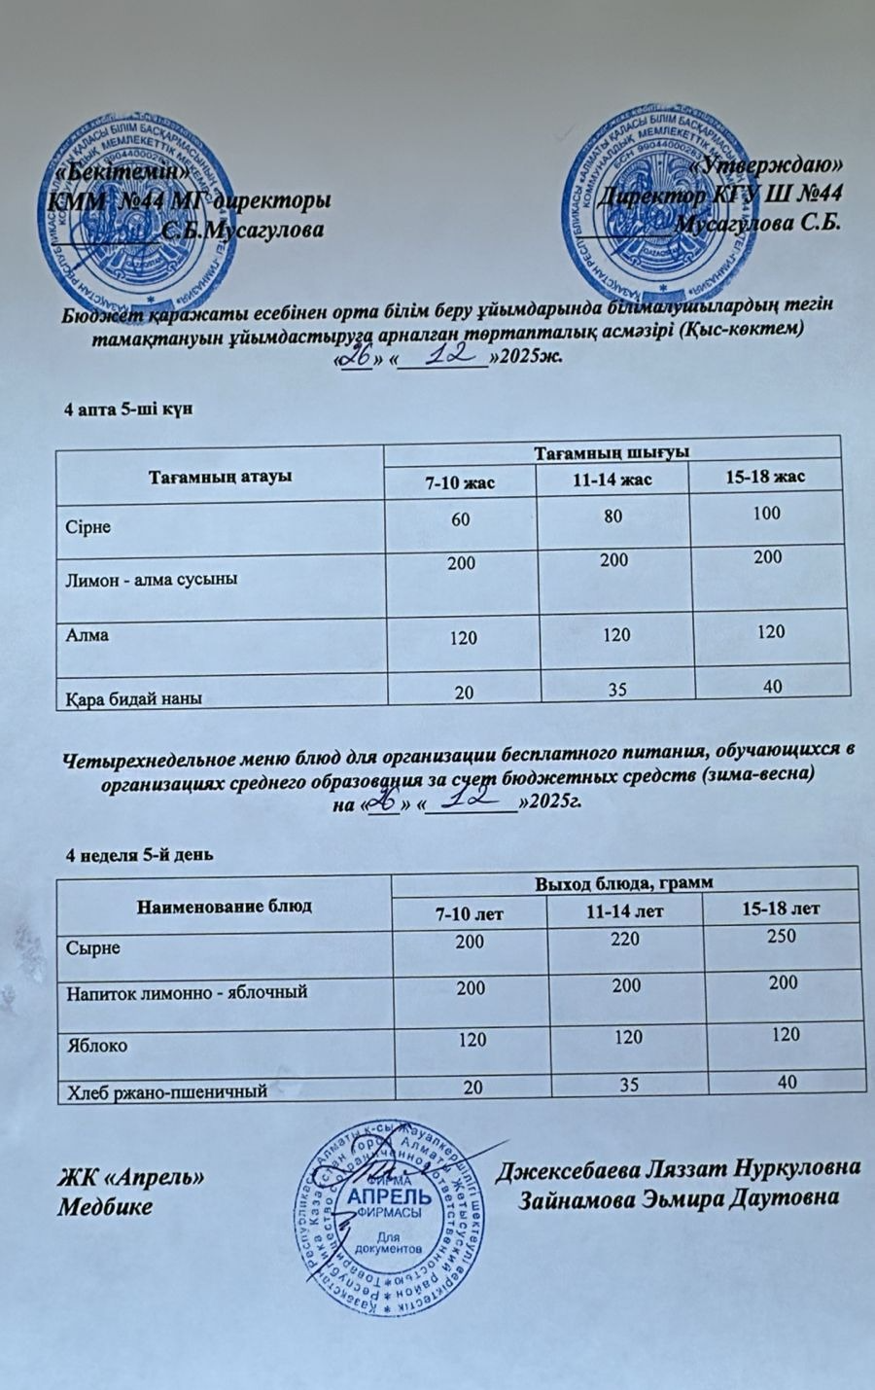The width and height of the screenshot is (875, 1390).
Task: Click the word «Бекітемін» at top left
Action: pos(122,168)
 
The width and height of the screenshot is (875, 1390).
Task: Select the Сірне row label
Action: pos(88,527)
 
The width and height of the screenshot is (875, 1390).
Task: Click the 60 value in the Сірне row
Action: pos(460,519)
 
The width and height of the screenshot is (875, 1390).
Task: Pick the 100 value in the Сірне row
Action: pos(766,513)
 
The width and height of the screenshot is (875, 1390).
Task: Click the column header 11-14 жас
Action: pos(612,480)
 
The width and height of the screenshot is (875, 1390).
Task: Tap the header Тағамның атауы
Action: pos(221,477)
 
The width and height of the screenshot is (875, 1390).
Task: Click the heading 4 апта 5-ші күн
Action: pos(128,409)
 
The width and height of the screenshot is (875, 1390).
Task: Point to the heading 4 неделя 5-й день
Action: pos(139,854)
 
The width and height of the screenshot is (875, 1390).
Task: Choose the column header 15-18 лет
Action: pos(781,909)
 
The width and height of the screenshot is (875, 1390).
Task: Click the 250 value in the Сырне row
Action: pos(781,936)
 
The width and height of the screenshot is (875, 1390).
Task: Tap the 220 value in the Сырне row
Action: pos(626,939)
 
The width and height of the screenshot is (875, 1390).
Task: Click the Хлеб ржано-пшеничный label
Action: pos(166,1091)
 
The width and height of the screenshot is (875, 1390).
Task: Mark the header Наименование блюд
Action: pos(226,906)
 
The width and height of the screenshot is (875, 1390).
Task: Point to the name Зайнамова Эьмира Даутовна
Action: pos(680,1197)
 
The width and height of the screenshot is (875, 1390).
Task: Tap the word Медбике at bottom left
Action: pos(105,1207)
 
